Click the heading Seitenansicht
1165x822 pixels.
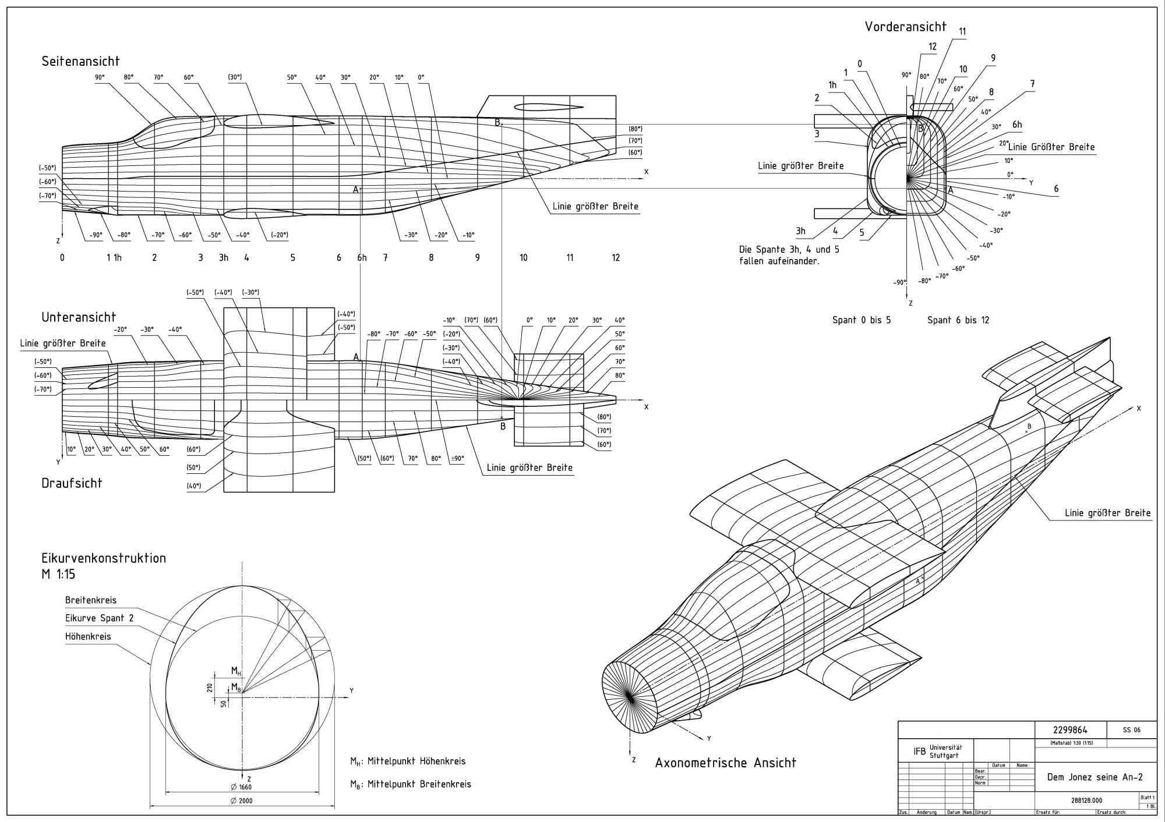(x=80, y=61)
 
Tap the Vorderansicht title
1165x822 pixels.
(x=905, y=26)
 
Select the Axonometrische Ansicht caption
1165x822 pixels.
(x=725, y=763)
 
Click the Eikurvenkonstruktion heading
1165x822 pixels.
(x=104, y=558)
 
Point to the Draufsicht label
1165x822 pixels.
(x=72, y=483)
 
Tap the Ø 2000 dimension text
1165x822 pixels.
(x=241, y=801)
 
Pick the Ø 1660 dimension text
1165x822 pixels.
(x=241, y=787)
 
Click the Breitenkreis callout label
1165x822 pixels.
(x=91, y=600)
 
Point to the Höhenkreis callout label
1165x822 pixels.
(x=88, y=636)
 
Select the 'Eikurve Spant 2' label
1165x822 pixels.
(x=99, y=618)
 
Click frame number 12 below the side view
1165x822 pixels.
(x=616, y=257)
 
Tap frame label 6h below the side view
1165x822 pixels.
(x=362, y=257)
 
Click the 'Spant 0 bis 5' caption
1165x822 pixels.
(x=862, y=320)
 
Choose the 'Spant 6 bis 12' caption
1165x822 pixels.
(x=958, y=320)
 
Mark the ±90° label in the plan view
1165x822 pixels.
(x=457, y=458)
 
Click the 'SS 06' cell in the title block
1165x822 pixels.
(x=1132, y=730)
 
